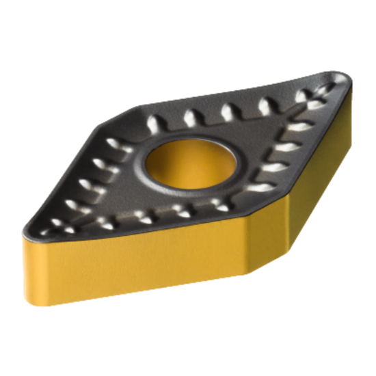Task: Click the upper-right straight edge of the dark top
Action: [x=226, y=89]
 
